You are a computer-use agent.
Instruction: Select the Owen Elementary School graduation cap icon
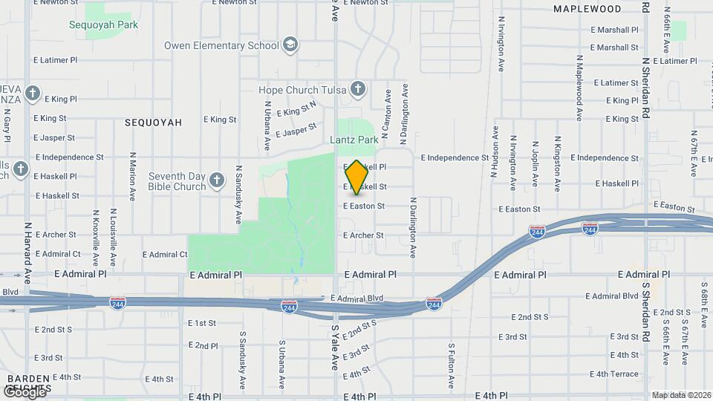[x=290, y=46]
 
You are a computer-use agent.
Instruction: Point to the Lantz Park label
[x=354, y=139]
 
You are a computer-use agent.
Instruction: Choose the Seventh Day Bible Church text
[x=177, y=181]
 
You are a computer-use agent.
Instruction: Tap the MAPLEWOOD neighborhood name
[x=587, y=9]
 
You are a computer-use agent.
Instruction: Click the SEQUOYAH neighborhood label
[x=153, y=122]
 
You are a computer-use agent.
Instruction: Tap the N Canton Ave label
[x=387, y=117]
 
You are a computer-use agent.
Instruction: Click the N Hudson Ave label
[x=494, y=151]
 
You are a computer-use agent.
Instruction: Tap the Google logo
[x=24, y=391]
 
